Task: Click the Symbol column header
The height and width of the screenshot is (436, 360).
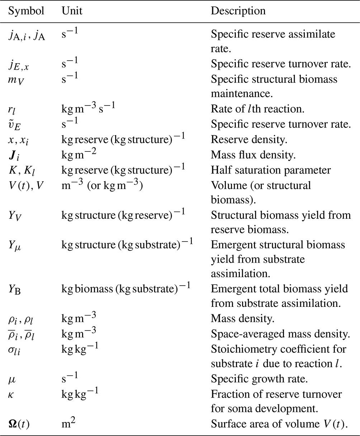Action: pyautogui.click(x=26, y=11)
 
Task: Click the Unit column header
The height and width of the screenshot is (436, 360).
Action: pyautogui.click(x=72, y=11)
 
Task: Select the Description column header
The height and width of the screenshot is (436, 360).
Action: pyautogui.click(x=238, y=11)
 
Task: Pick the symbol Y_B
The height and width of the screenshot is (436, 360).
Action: pyautogui.click(x=15, y=289)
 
